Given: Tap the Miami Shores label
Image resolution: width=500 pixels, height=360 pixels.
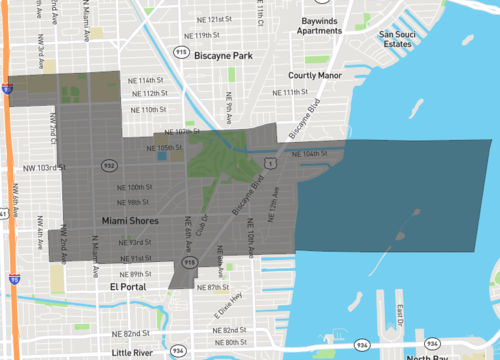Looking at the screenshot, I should (131, 220).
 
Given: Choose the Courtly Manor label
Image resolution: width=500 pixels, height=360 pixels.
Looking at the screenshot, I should (316, 75).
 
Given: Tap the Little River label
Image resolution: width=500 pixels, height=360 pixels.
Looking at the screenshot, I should (136, 353).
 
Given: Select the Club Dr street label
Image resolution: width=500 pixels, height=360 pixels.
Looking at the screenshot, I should (204, 226).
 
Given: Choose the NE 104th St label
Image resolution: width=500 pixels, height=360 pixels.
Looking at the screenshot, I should (310, 154).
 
